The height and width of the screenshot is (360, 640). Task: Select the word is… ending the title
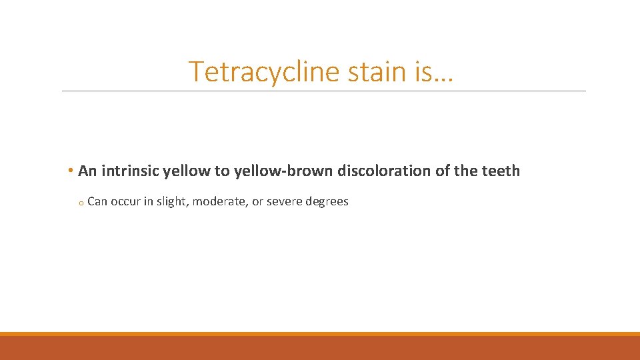tap(434, 71)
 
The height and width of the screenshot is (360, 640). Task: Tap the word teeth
tap(500, 171)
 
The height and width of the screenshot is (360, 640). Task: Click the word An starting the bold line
tap(87, 171)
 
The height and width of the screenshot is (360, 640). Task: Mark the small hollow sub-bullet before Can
tap(79, 203)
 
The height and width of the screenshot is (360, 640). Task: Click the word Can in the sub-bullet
tap(97, 201)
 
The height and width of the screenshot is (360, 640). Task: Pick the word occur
tap(125, 201)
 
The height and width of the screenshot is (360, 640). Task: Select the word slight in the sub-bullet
tap(172, 201)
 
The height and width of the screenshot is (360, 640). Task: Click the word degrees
tap(327, 201)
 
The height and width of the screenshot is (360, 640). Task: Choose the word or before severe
tap(257, 201)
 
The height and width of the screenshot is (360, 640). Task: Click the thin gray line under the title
tap(324, 91)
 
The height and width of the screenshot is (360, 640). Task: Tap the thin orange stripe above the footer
tap(320, 333)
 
